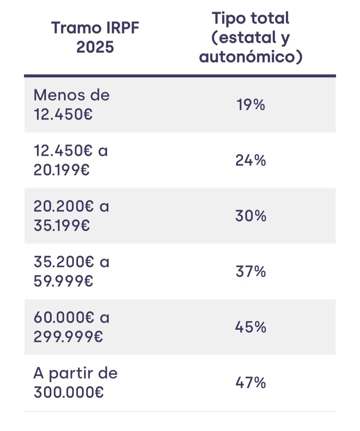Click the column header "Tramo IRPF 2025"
click(95, 37)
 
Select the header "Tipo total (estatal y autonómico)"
click(251, 37)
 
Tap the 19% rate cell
click(251, 105)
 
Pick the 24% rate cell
click(251, 161)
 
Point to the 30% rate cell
click(251, 216)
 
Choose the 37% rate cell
click(251, 272)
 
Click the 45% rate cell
click(251, 327)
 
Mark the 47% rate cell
click(251, 383)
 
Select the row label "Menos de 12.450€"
click(71, 105)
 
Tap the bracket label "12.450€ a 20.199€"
click(71, 161)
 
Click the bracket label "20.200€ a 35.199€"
click(71, 216)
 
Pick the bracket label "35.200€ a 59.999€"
click(71, 272)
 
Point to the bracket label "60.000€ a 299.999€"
click(71, 327)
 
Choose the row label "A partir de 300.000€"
click(75, 383)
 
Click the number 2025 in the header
click(95, 47)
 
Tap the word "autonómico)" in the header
click(251, 57)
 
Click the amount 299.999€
click(68, 337)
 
